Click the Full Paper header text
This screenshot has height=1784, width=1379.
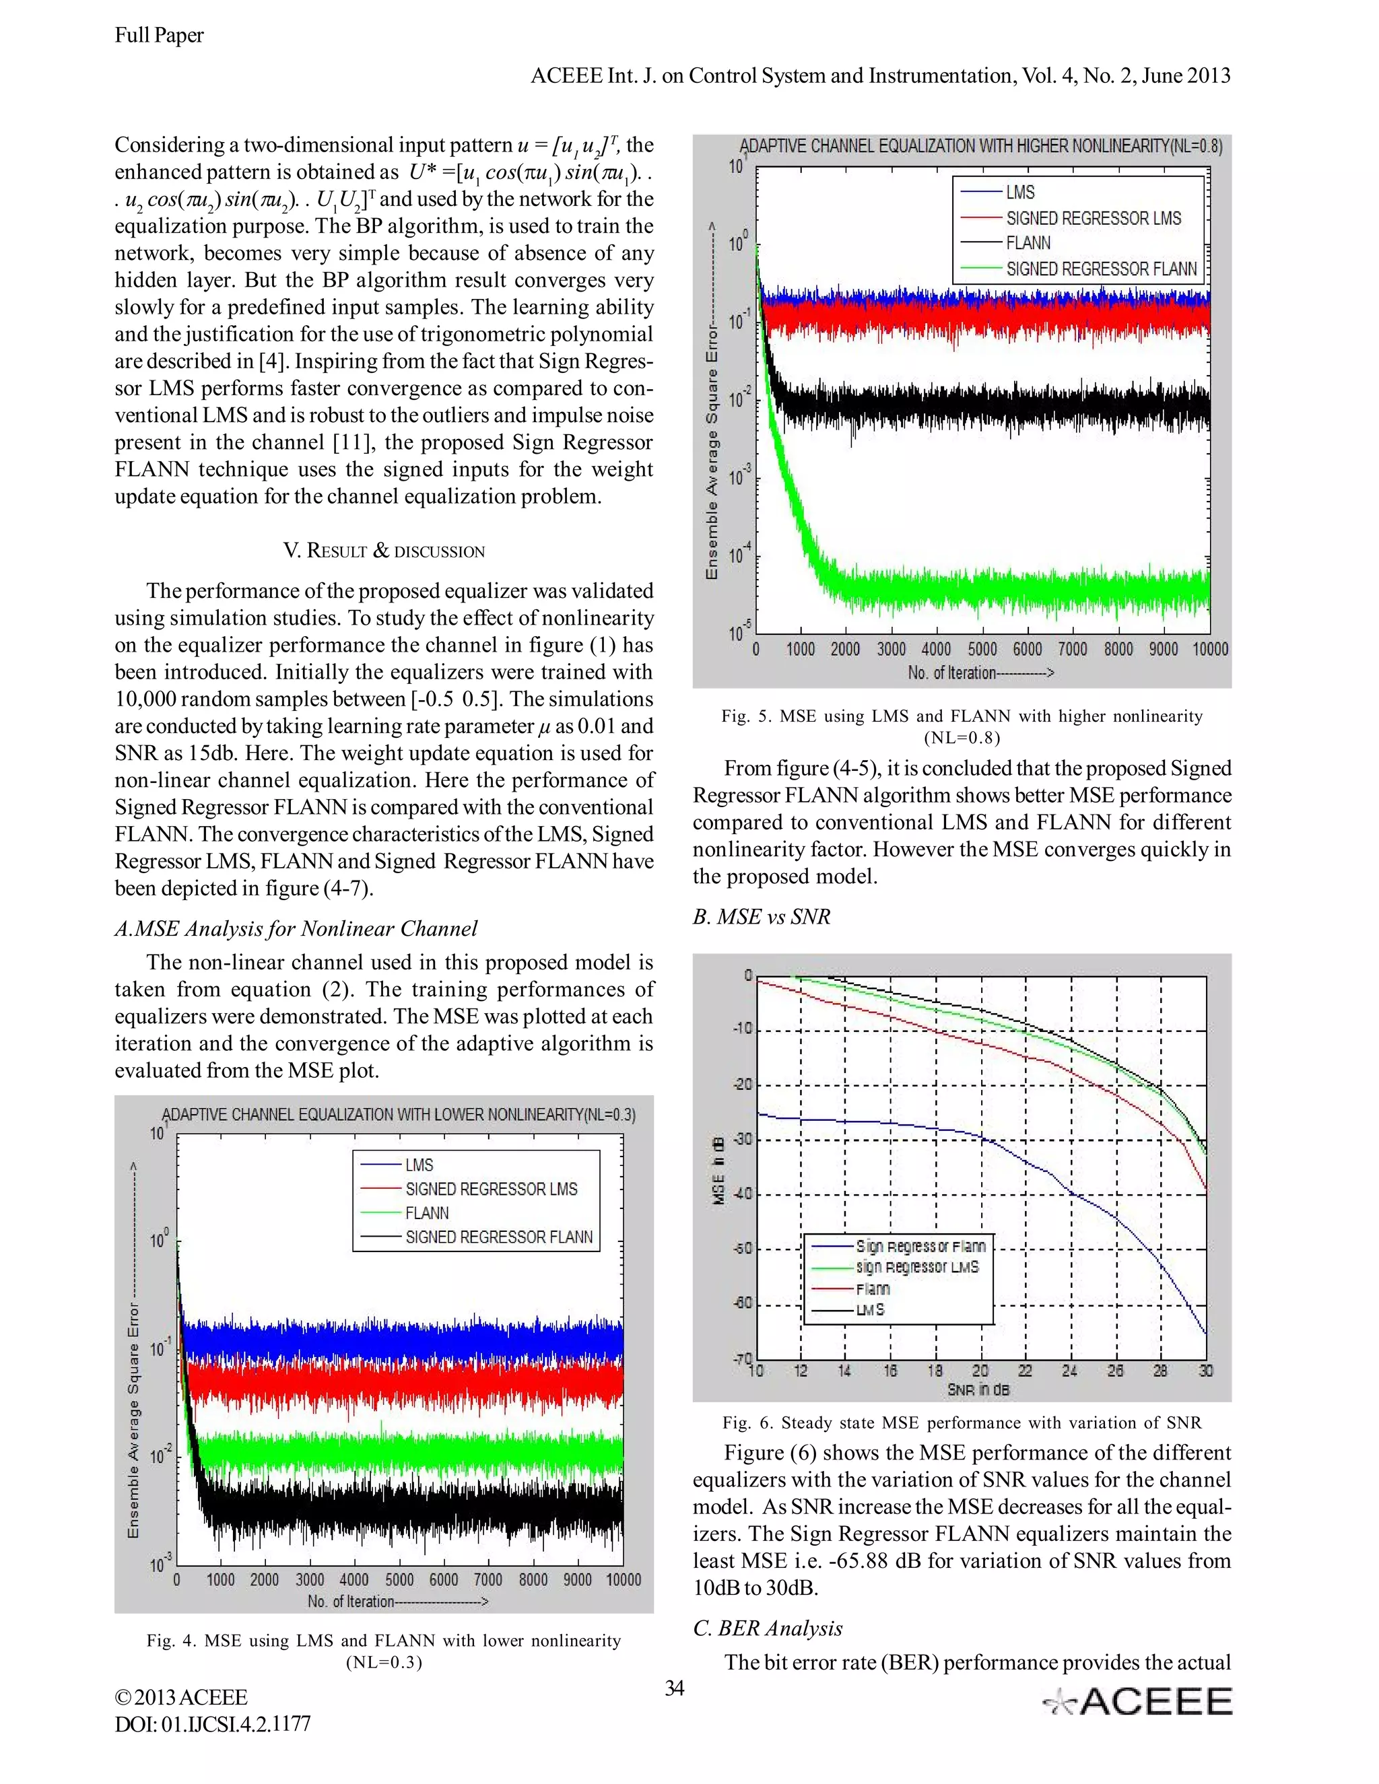[160, 35]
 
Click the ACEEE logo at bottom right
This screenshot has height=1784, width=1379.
[1138, 1701]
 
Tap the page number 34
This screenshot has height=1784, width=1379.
[674, 1688]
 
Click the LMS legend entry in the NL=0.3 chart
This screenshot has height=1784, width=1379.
[419, 1165]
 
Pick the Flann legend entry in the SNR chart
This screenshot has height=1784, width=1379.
[873, 1289]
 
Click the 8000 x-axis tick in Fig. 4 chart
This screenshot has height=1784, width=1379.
[533, 1580]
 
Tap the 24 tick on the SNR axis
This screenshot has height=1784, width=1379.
[1069, 1371]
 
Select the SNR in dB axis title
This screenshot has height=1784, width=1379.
[978, 1390]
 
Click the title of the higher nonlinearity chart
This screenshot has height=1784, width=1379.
[980, 147]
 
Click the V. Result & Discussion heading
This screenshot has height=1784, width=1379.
[384, 551]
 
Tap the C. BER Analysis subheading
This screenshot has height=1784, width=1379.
[767, 1628]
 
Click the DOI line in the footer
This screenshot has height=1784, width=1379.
[212, 1723]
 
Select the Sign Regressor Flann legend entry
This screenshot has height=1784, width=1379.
[920, 1245]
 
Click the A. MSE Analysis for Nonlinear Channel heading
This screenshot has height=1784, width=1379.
[296, 929]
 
